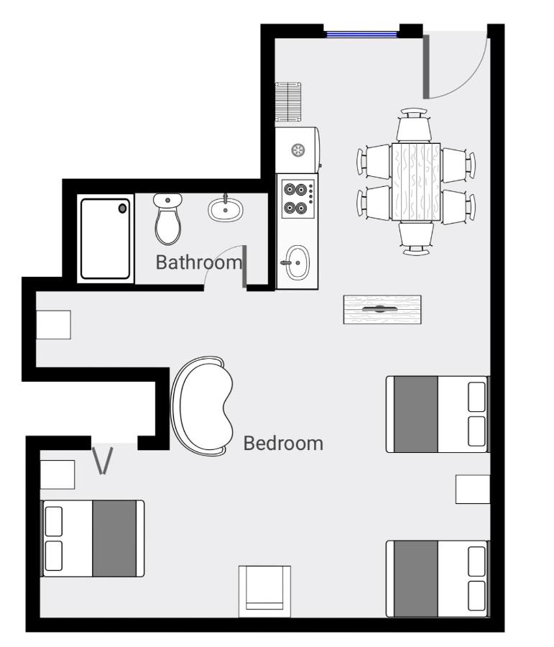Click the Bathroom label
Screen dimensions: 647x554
pyautogui.click(x=199, y=262)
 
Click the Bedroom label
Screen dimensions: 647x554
pyautogui.click(x=283, y=443)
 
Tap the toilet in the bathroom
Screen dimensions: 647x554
pyautogui.click(x=168, y=219)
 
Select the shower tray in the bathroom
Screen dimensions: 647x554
pyautogui.click(x=106, y=239)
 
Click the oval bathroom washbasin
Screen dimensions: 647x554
pyautogui.click(x=226, y=209)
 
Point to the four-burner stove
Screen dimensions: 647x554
pyautogui.click(x=297, y=198)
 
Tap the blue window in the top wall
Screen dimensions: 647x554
pyautogui.click(x=361, y=33)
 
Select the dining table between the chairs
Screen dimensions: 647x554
pyautogui.click(x=415, y=181)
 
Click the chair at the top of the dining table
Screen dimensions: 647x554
pyautogui.click(x=415, y=125)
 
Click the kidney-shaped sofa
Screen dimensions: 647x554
pyautogui.click(x=203, y=406)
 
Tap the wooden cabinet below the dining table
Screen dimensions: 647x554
pyautogui.click(x=382, y=309)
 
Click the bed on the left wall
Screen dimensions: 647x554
pyautogui.click(x=93, y=538)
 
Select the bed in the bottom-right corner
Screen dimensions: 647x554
pyautogui.click(x=438, y=579)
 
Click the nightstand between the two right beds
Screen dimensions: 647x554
pyautogui.click(x=473, y=489)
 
